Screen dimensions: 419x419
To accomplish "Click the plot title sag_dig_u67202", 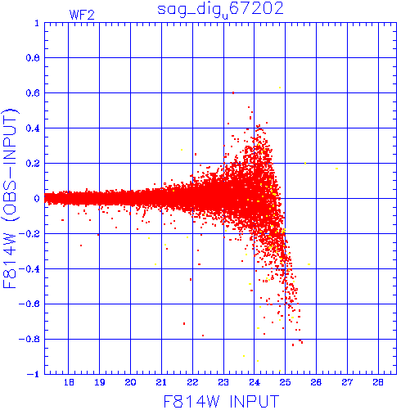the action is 220,10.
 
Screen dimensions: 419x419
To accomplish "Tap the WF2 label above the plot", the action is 82,15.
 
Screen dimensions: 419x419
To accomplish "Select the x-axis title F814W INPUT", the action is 221,401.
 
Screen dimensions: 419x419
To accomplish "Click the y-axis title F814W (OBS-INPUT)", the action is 11,198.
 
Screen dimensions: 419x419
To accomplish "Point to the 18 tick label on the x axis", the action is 69,382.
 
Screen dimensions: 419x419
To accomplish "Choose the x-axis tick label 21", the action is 161,382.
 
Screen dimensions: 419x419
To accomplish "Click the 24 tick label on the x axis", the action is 255,382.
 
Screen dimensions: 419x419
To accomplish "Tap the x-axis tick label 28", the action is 378,382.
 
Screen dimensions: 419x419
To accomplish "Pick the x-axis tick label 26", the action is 316,382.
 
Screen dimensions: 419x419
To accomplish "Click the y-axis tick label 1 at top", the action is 37,23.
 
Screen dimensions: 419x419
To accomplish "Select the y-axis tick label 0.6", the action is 33,92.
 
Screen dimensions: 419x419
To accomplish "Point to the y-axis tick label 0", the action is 37,198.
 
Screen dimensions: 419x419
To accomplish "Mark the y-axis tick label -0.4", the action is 29,269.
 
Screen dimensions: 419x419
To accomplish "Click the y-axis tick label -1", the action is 34,374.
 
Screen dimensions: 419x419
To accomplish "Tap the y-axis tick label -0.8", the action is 29,339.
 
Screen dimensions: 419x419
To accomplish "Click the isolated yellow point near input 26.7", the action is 337,169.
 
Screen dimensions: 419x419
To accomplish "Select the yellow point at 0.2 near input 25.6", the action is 305,164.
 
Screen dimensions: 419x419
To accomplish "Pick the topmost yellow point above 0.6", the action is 280,88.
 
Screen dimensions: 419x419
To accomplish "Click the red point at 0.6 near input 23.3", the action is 233,92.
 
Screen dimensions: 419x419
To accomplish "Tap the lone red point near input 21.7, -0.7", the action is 184,323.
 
